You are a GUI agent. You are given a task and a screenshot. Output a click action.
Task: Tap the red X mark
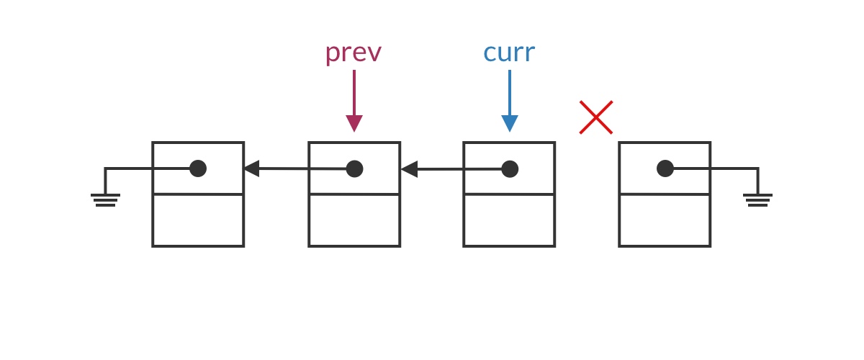pos(596,117)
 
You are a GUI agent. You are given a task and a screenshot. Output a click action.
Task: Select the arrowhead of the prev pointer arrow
pos(354,123)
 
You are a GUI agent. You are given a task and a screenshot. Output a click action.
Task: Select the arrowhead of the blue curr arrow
pos(510,123)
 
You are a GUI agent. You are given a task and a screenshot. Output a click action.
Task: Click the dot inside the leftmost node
pos(198,168)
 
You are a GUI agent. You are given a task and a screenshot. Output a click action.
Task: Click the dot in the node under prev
pos(354,169)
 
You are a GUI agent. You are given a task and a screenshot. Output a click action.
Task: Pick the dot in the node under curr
pos(510,169)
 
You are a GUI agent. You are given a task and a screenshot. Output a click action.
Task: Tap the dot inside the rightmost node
pos(665,168)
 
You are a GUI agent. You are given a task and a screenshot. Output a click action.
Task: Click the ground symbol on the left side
pos(105,199)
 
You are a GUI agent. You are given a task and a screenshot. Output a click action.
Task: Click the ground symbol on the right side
pos(757,199)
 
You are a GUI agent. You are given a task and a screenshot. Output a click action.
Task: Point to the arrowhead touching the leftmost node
pos(251,168)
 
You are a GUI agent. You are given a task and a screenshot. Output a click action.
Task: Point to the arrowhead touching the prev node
pos(409,169)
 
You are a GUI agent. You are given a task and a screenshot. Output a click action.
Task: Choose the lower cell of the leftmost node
pos(198,220)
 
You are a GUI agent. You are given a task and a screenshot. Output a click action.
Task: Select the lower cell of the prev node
pos(354,220)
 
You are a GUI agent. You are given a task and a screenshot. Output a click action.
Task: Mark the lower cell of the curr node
pos(509,220)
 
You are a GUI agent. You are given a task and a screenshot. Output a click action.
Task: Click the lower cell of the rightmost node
pos(665,220)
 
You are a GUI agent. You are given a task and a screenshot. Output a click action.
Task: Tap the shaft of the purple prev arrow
pos(354,92)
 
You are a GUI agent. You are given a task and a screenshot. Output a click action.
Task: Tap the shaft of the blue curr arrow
pos(510,92)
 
